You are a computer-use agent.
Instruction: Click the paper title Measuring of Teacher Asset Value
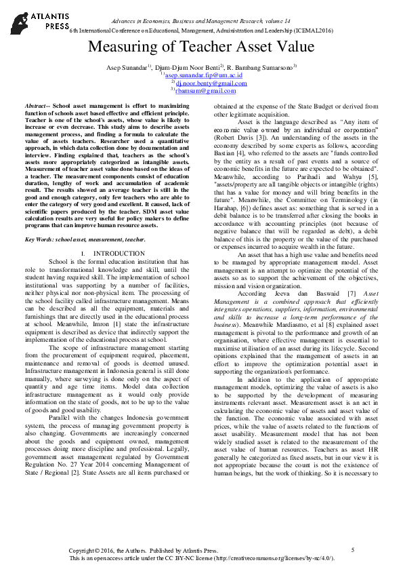(x=201, y=47)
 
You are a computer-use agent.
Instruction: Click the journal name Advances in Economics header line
(x=201, y=7)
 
